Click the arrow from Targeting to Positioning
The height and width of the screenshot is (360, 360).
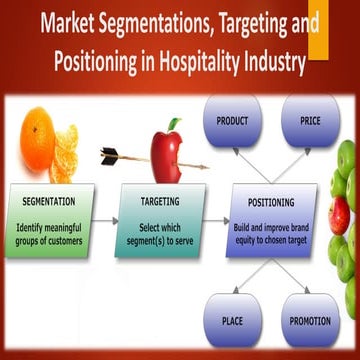(212, 216)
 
